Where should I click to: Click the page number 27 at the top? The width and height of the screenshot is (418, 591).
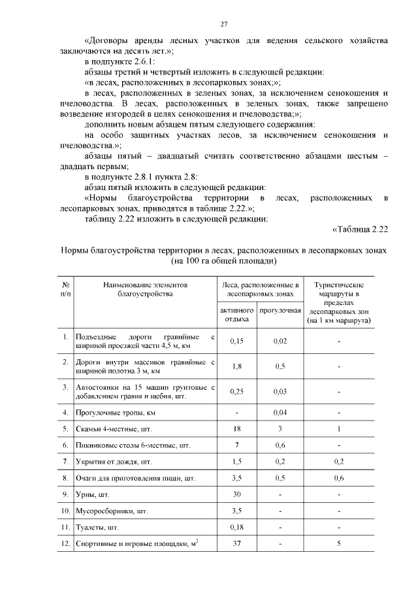click(x=223, y=24)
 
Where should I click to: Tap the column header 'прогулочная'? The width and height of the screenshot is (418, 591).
click(x=280, y=310)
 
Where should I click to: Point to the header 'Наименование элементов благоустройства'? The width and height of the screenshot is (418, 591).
click(x=144, y=290)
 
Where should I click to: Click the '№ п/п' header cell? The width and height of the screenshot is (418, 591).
click(x=65, y=290)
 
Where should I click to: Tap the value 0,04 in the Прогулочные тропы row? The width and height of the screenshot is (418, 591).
click(x=280, y=413)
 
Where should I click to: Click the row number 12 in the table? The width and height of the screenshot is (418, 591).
click(x=65, y=543)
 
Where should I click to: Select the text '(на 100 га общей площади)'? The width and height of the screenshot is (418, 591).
click(x=223, y=261)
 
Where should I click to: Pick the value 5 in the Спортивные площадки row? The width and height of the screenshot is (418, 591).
click(x=339, y=543)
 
